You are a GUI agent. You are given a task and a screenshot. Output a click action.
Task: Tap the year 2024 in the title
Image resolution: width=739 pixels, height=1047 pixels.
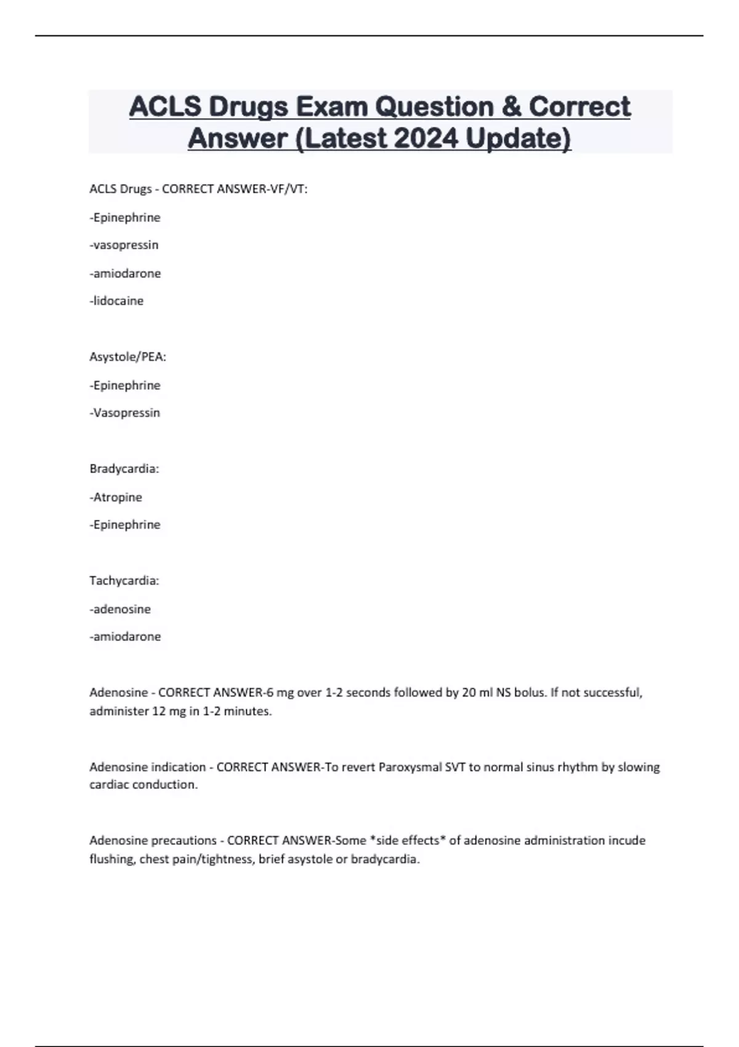pyautogui.click(x=426, y=138)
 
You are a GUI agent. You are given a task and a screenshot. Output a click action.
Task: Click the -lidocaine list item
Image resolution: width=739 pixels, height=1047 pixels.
pyautogui.click(x=116, y=301)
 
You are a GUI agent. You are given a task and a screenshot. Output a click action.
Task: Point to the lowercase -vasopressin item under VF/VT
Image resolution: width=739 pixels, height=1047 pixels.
pyautogui.click(x=124, y=245)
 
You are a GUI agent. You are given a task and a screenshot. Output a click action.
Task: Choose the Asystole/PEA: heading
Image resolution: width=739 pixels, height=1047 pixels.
pyautogui.click(x=127, y=357)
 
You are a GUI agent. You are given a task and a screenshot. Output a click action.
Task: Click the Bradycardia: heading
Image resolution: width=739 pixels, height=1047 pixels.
pyautogui.click(x=124, y=469)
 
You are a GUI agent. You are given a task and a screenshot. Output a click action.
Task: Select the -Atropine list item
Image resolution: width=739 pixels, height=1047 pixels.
pyautogui.click(x=116, y=496)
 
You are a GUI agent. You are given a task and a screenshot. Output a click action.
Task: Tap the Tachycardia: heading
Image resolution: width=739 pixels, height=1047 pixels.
pyautogui.click(x=124, y=580)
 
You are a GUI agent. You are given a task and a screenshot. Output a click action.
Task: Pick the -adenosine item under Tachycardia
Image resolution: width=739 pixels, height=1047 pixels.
pyautogui.click(x=120, y=608)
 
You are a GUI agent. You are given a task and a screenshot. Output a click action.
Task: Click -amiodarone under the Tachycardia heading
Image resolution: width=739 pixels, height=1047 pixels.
pyautogui.click(x=125, y=636)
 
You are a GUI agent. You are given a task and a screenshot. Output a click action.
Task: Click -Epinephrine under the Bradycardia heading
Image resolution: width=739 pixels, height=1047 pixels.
pyautogui.click(x=125, y=524)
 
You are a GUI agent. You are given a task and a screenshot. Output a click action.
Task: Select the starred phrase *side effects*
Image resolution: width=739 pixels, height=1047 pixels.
pyautogui.click(x=407, y=840)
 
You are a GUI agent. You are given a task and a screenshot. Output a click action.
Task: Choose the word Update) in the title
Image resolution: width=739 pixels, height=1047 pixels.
pyautogui.click(x=518, y=138)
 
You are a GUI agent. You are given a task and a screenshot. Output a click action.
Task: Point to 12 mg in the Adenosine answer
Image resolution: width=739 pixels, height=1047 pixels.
pyautogui.click(x=169, y=711)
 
